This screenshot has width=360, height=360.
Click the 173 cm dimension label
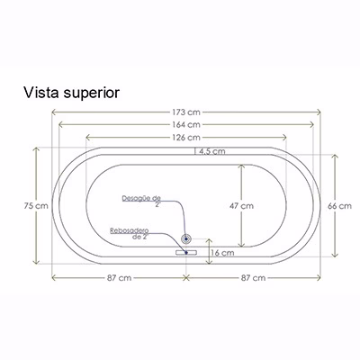pos(186,112)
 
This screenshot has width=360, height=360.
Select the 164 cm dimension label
pos(186,124)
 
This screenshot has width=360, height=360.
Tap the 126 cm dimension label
pos(186,138)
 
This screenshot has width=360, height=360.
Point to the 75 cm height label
pos(36,206)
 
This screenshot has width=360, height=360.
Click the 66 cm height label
pos(339,206)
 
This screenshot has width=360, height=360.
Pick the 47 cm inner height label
pos(241,206)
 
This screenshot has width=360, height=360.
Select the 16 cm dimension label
pos(222,253)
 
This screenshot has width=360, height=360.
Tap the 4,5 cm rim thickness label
pos(210,151)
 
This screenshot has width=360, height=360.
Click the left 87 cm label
pos(120,278)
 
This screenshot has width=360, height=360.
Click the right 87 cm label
pos(254,278)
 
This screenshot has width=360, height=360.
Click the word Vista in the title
pos(41,93)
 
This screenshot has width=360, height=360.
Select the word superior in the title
pos(92,94)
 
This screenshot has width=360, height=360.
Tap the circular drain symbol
pos(186,239)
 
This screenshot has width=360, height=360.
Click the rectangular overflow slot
pos(186,253)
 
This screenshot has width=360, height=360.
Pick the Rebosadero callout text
pos(130,234)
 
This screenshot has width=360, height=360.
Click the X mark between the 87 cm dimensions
pos(186,278)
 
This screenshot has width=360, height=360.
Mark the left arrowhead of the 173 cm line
pos(54,112)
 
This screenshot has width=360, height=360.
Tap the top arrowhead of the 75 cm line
pos(36,149)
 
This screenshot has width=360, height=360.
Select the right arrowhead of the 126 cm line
pos(284,138)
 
